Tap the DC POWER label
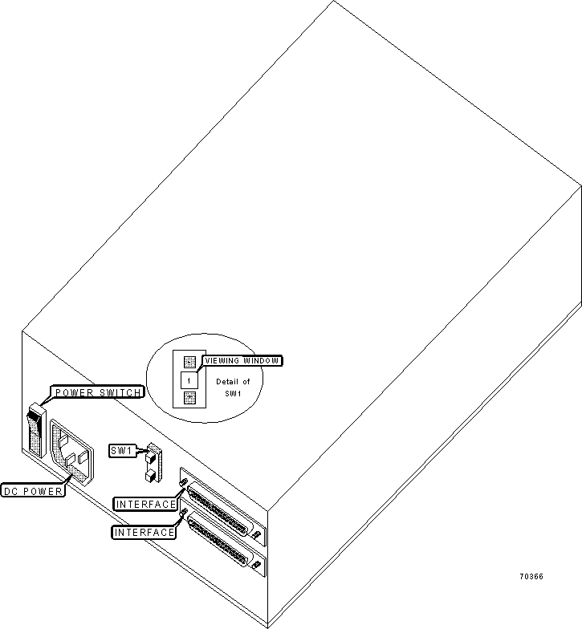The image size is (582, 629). [x=33, y=491]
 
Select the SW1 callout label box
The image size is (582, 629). [x=122, y=451]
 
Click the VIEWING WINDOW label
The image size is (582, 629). [x=242, y=361]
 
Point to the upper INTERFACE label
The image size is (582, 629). [x=146, y=504]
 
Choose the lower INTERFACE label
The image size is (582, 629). [x=144, y=532]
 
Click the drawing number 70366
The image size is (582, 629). [x=531, y=576]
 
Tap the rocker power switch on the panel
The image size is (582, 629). [x=36, y=430]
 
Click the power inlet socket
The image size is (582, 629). [x=72, y=452]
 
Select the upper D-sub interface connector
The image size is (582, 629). [x=218, y=509]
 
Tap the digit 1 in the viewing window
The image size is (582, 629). [x=189, y=380]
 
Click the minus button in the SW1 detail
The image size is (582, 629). [x=189, y=361]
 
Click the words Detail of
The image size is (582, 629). [x=233, y=382]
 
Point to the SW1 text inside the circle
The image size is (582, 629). [x=233, y=393]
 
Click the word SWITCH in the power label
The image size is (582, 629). [x=120, y=392]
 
